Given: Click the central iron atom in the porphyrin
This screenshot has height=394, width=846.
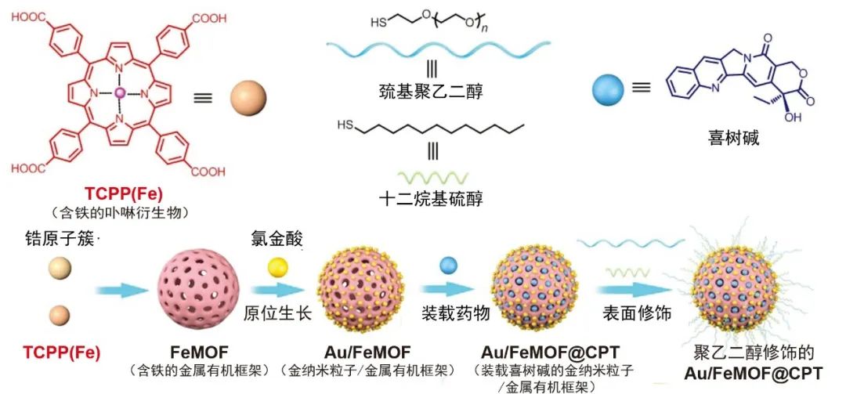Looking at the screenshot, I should tap(120, 93).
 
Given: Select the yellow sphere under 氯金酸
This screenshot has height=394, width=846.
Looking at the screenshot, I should tap(279, 267).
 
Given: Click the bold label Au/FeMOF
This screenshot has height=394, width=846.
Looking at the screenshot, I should tap(367, 352).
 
